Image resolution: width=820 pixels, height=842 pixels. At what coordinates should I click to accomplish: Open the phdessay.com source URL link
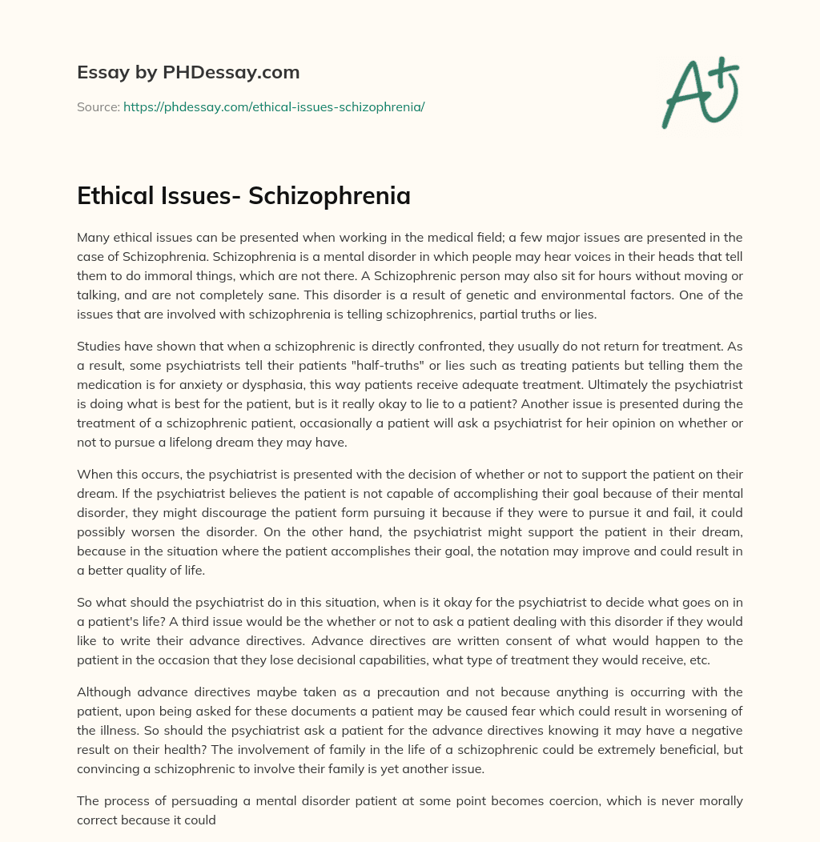pos(274,106)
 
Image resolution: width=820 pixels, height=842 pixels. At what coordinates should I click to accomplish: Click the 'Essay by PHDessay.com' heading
pos(188,72)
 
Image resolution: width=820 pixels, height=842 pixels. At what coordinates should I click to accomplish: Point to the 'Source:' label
pos(98,106)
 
